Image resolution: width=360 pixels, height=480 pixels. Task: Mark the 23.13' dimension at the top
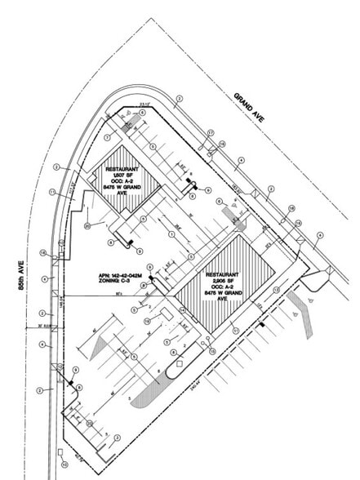click(x=145, y=104)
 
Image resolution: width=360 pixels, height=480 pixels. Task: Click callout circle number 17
click(x=210, y=132)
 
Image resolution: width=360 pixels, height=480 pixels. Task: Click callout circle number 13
click(x=277, y=290)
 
